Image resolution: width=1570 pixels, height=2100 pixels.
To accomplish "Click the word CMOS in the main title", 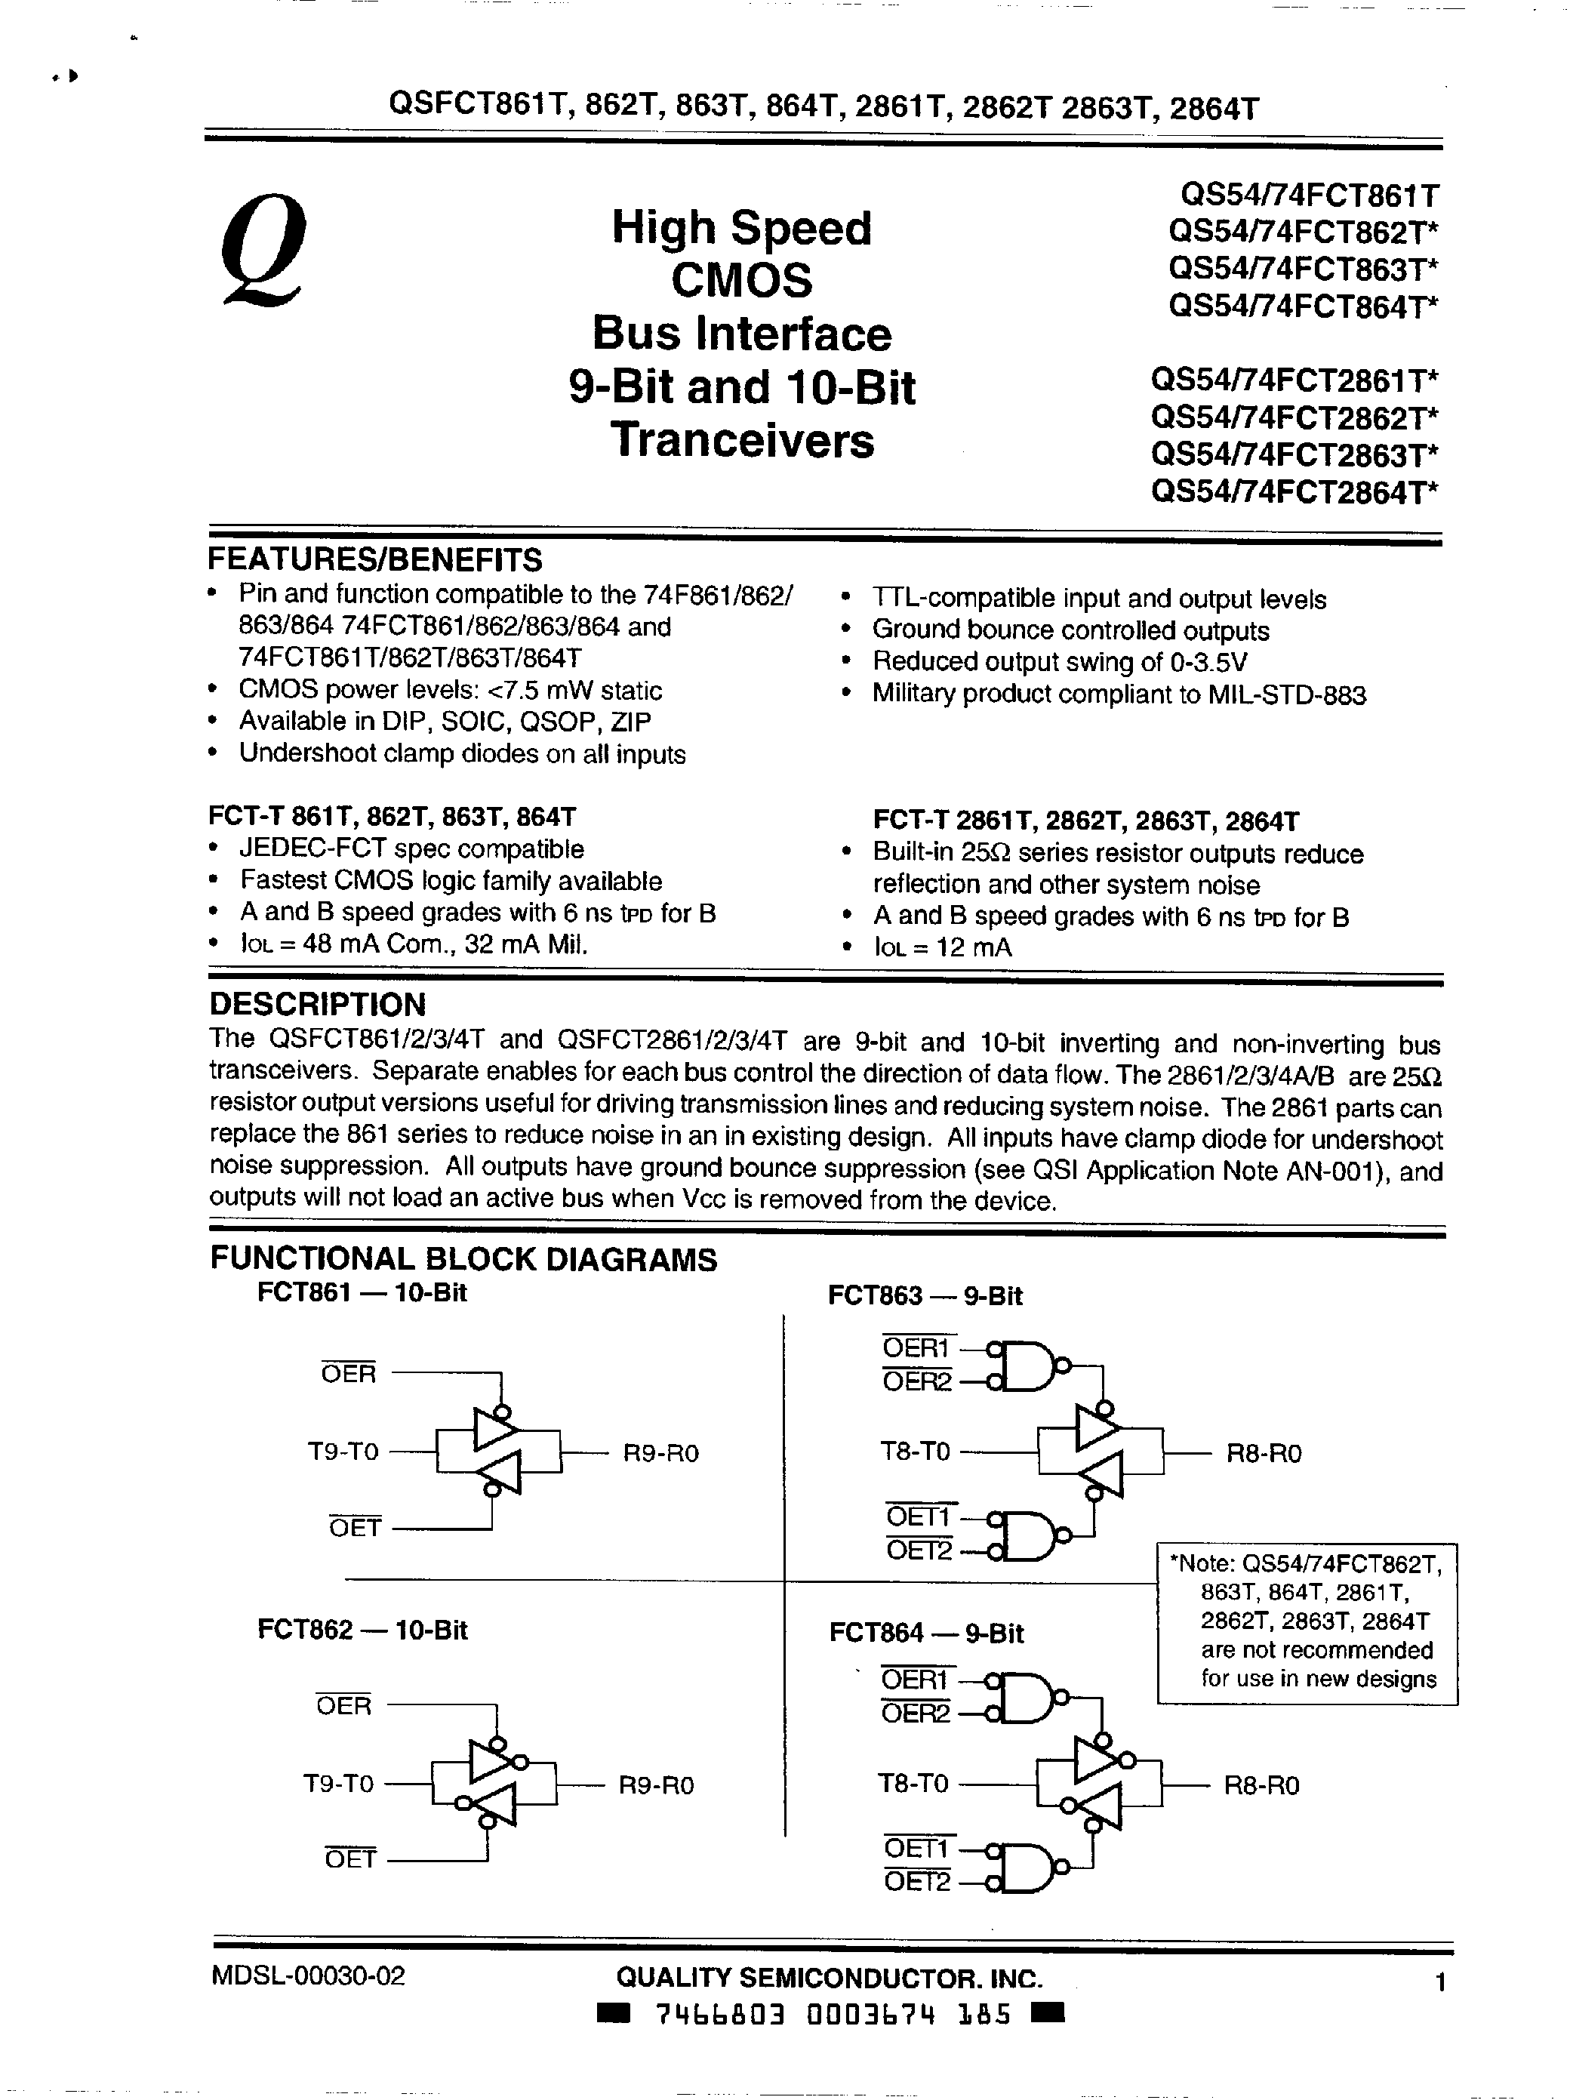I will pyautogui.click(x=741, y=280).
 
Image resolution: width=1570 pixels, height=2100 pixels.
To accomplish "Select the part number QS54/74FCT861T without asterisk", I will pyautogui.click(x=1310, y=196).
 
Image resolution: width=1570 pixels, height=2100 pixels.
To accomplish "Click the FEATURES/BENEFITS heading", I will pyautogui.click(x=375, y=559).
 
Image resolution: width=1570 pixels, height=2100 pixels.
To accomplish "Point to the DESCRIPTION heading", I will pyautogui.click(x=317, y=1005).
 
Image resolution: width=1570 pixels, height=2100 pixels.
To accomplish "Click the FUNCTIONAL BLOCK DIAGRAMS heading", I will pyautogui.click(x=463, y=1260).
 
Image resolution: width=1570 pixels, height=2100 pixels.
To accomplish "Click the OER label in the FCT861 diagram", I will pyautogui.click(x=349, y=1374).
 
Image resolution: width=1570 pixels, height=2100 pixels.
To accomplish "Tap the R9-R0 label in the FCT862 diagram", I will pyautogui.click(x=656, y=1786).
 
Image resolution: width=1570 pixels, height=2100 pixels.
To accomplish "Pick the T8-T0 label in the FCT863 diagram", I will pyautogui.click(x=914, y=1452).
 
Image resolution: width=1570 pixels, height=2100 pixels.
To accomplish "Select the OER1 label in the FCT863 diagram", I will pyautogui.click(x=916, y=1348).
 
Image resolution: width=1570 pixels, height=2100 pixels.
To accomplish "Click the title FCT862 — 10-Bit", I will pyautogui.click(x=362, y=1630).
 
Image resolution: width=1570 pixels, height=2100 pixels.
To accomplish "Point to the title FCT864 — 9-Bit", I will pyautogui.click(x=925, y=1633).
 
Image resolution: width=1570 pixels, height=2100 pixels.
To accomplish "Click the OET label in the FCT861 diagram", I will pyautogui.click(x=355, y=1528).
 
